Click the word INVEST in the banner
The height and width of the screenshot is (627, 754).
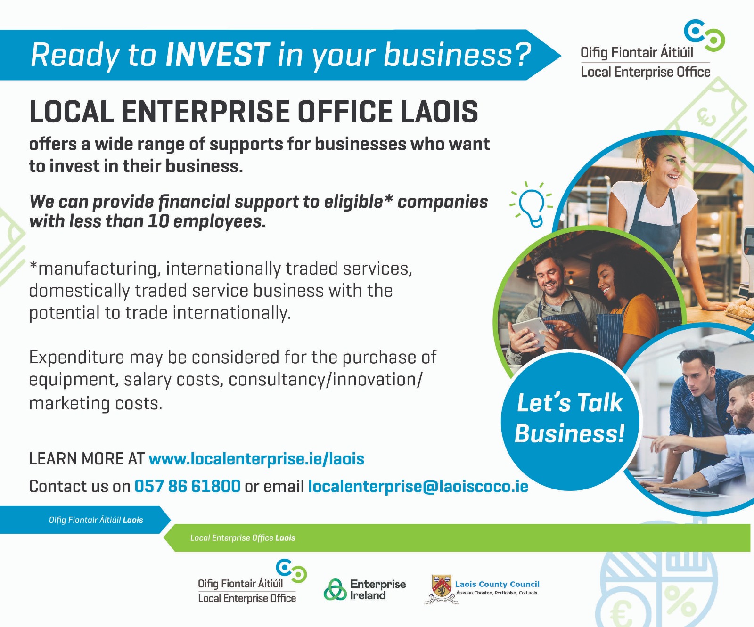pyautogui.click(x=218, y=55)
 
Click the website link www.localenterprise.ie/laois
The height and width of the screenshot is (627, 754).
pyautogui.click(x=256, y=459)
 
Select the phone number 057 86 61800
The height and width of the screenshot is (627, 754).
pyautogui.click(x=188, y=486)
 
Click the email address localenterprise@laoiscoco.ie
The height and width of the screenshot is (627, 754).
pyautogui.click(x=418, y=486)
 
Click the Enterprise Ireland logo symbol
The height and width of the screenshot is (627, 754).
pyautogui.click(x=335, y=590)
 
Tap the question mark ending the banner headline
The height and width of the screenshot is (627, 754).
pyautogui.click(x=523, y=55)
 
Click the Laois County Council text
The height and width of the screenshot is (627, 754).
pyautogui.click(x=497, y=584)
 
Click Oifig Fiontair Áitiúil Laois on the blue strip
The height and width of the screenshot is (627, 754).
pyautogui.click(x=96, y=520)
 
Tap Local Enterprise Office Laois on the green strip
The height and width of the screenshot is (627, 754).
pyautogui.click(x=243, y=538)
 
